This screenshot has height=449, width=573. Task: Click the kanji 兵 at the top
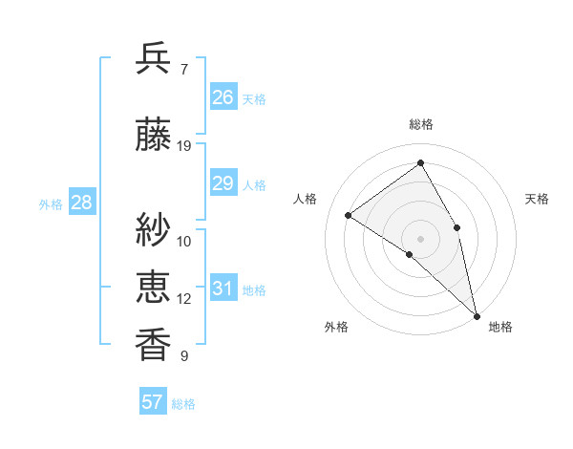pos(153,59)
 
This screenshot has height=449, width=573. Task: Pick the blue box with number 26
pos(223,97)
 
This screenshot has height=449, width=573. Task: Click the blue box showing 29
pos(223,183)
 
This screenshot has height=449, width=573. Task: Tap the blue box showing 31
pos(223,289)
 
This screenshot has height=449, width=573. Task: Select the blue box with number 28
pos(81,203)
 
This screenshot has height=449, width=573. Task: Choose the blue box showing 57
pos(153,402)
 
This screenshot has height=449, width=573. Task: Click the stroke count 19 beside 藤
pos(184,146)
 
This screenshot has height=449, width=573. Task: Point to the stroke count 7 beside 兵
pos(184,70)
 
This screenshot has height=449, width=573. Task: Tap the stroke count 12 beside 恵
pos(184,299)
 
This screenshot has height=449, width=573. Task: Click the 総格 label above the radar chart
pos(420,125)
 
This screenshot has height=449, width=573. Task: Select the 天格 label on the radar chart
pos(537,199)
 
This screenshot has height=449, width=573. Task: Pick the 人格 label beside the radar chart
pos(306,199)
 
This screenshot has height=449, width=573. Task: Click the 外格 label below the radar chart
pos(336,327)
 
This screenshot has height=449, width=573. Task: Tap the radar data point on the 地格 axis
pos(477,315)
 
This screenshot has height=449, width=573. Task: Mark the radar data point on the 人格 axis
pos(349,215)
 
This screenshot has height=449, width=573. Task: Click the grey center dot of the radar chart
pos(420,238)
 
